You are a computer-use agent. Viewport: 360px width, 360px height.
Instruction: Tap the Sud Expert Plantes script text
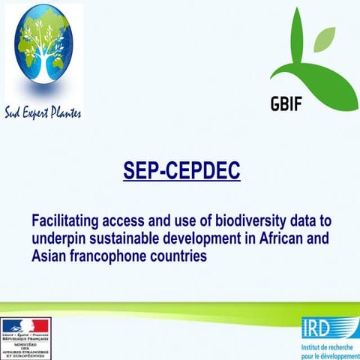click(43, 113)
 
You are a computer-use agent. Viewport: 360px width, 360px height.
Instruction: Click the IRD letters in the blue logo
click(320, 327)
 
